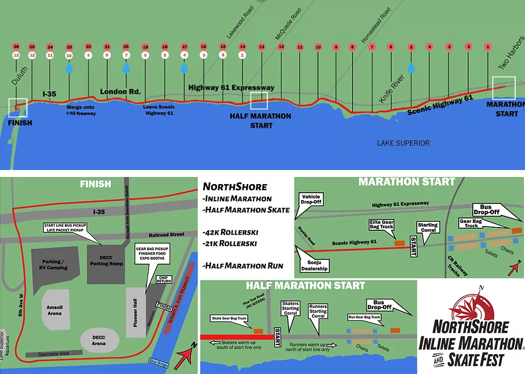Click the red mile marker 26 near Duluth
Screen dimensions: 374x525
pyautogui.click(x=16, y=47)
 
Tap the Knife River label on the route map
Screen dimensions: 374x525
pyautogui.click(x=388, y=90)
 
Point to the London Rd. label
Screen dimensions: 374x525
pyautogui.click(x=120, y=91)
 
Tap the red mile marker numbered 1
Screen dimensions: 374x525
pyautogui.click(x=488, y=47)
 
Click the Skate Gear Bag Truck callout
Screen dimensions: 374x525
pyautogui.click(x=230, y=319)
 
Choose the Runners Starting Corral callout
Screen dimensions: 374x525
pyautogui.click(x=318, y=312)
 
